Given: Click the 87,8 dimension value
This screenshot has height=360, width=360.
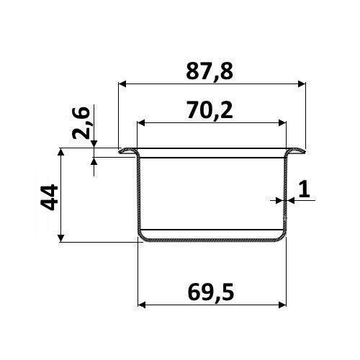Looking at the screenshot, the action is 210,72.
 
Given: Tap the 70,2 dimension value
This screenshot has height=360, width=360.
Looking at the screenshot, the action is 210,110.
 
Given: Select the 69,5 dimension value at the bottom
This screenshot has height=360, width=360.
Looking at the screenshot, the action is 211,292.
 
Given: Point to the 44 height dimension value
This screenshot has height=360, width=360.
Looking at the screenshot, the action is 50,197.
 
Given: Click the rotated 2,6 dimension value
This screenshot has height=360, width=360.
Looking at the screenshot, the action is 81,123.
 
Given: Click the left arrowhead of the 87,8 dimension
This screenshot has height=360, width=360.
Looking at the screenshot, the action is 122,84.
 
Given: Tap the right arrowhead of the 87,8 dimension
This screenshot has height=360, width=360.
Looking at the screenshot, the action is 302,84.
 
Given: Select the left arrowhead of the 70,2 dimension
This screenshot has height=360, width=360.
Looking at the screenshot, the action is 141,123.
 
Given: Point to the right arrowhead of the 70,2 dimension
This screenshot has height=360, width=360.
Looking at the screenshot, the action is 282,123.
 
